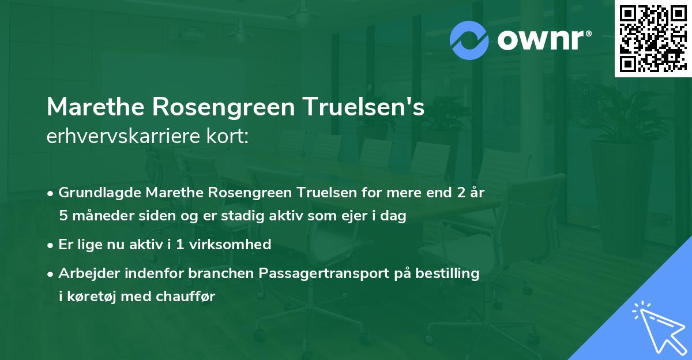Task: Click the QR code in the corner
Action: point(653,39)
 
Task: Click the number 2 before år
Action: point(460,192)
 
